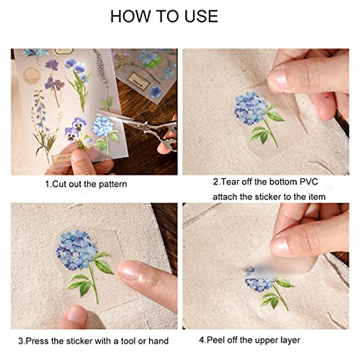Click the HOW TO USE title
click(x=164, y=16)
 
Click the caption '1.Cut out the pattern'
click(x=86, y=184)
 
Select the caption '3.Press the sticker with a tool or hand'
click(x=93, y=341)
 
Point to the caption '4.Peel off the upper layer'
click(x=249, y=340)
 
